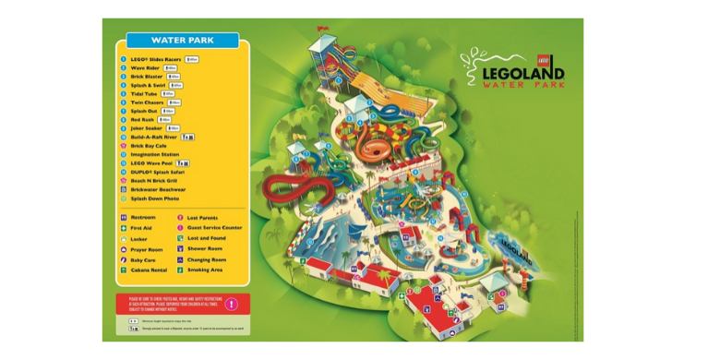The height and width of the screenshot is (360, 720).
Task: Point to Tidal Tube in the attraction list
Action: (x=144, y=93)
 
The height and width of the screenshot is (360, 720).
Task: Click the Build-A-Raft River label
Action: (x=153, y=137)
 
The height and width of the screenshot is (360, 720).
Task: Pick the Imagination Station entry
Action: (x=154, y=154)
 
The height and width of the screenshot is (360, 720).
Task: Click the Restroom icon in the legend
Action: (x=123, y=218)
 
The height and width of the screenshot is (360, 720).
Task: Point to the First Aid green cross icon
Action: (x=123, y=228)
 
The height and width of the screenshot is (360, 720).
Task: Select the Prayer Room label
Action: (x=146, y=249)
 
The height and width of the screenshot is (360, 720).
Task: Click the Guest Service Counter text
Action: (x=214, y=227)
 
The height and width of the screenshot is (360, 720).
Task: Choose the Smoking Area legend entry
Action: (x=206, y=270)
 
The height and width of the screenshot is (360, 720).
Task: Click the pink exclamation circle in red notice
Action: (x=232, y=304)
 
